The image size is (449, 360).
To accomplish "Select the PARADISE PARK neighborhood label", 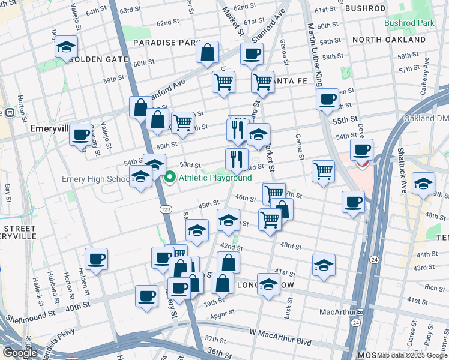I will pos(166,43).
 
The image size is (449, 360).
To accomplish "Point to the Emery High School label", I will pos(96,179).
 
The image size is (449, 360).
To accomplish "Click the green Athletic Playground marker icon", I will pos(170,178).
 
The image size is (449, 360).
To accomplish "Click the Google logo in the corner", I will pos(20,353).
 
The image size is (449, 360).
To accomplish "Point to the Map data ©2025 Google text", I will pos(412,355).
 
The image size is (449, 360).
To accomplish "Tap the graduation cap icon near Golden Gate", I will pos(66,47).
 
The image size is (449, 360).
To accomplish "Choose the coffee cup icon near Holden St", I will pos(96,259).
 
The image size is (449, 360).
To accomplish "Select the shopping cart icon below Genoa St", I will pos(323,172).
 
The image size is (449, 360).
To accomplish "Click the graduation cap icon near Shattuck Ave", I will pos(423,184).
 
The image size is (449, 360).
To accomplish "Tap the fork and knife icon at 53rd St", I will pos(237,159).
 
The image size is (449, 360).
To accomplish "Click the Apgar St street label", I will pos(222,314).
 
